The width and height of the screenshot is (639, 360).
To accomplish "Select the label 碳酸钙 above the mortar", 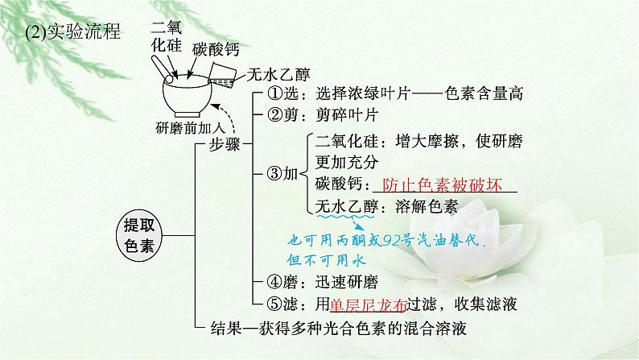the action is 215,50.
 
